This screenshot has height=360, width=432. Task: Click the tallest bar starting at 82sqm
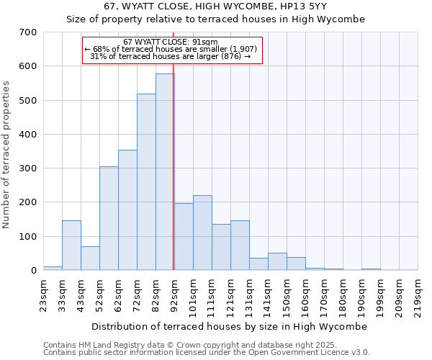coord(165,172)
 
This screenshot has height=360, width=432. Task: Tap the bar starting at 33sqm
coord(71,246)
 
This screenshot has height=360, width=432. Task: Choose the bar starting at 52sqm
coord(109,219)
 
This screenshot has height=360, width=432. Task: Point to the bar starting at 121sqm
coord(240,246)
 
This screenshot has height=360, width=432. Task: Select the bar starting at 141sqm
coord(277,262)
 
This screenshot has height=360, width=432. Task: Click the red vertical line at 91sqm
coord(174,180)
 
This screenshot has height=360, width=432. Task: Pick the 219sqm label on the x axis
coord(418,295)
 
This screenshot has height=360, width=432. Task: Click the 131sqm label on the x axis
coord(250,295)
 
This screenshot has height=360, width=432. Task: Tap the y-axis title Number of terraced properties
coord(7,155)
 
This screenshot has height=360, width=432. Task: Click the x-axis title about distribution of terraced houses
coord(230,326)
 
